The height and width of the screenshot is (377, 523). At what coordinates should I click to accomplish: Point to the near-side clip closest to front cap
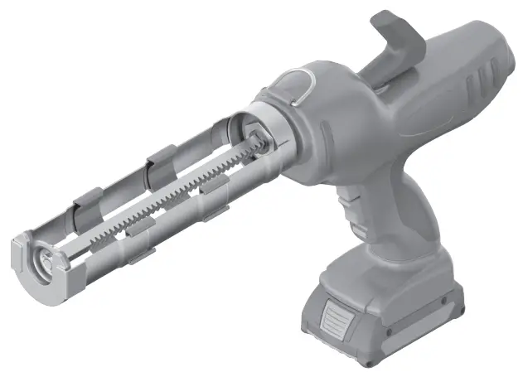pyautogui.click(x=137, y=240)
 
